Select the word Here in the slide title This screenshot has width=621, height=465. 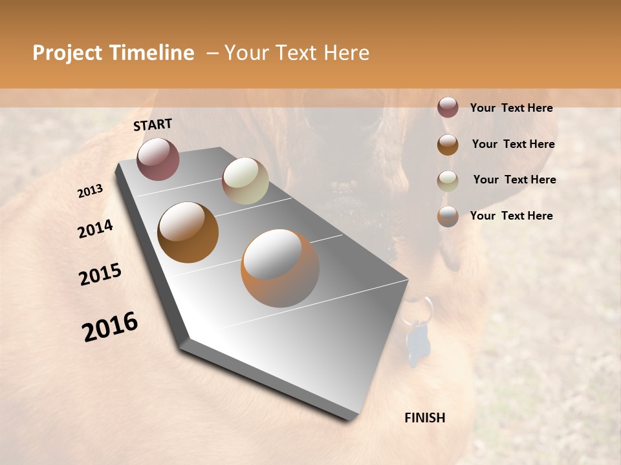click(346, 54)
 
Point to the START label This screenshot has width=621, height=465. click(153, 125)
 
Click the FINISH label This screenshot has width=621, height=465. click(425, 418)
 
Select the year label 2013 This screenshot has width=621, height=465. click(91, 191)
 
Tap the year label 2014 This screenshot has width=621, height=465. click(95, 229)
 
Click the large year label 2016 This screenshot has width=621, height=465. click(110, 327)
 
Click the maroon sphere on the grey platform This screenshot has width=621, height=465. click(158, 159)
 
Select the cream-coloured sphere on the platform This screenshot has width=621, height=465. click(245, 180)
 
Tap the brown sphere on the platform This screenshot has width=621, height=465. click(188, 232)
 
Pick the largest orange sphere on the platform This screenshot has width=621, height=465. click(280, 268)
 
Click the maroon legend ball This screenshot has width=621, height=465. click(448, 107)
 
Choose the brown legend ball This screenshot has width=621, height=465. click(448, 145)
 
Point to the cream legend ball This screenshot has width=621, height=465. click(448, 181)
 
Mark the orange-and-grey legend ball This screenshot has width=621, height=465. click(448, 216)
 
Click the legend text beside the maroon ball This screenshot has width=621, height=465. click(511, 108)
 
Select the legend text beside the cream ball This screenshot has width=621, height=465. click(514, 180)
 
